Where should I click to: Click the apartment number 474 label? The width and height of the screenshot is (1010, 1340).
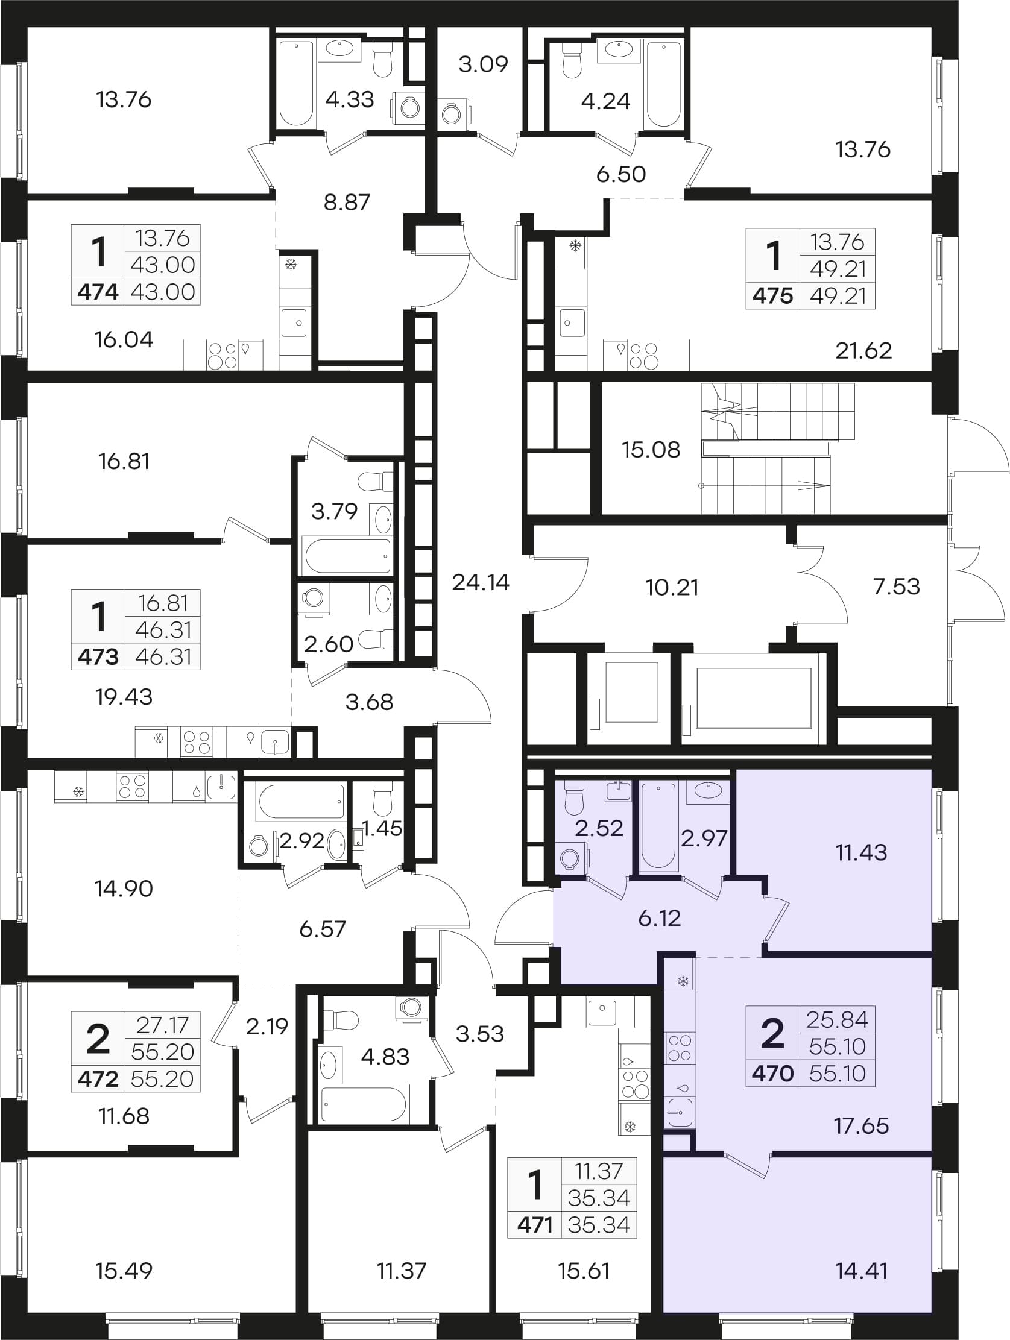[x=98, y=292]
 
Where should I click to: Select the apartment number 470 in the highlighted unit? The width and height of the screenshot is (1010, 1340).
[x=772, y=1074]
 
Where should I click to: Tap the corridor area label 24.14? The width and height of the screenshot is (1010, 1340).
[x=481, y=582]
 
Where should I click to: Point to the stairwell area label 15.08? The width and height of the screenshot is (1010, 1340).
[x=651, y=450]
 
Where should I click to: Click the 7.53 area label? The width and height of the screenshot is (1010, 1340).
[x=896, y=587]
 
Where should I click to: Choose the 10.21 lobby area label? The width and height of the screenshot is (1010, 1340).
[x=672, y=587]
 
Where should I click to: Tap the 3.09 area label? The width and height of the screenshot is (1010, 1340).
[x=483, y=64]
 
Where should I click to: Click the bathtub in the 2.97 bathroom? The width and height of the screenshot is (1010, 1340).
[x=658, y=826]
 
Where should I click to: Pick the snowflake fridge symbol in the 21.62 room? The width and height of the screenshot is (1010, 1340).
[x=576, y=246]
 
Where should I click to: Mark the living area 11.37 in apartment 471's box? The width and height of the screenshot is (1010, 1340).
[x=599, y=1172]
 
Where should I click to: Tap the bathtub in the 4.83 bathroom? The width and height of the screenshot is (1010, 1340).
[x=365, y=1103]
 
